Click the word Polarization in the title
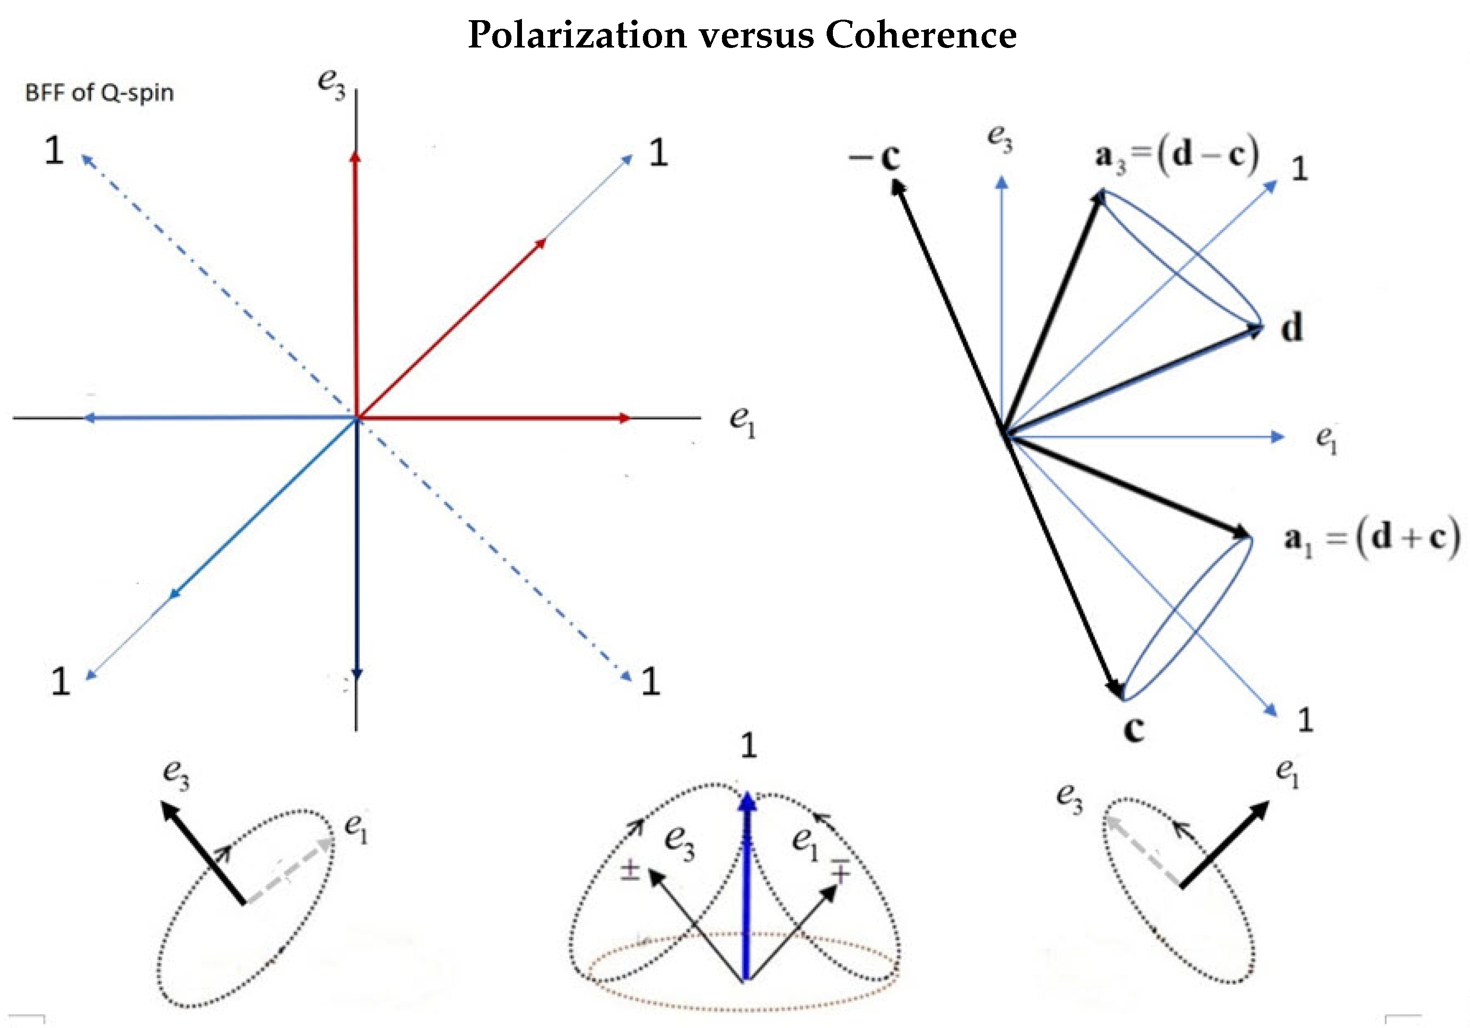tap(577, 35)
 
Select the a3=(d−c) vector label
tap(1177, 155)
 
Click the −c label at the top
tap(875, 156)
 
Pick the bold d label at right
tap(1292, 328)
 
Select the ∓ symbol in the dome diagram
tap(840, 871)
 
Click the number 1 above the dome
tap(748, 746)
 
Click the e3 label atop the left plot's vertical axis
tap(332, 83)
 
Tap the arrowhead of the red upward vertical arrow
tap(356, 156)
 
